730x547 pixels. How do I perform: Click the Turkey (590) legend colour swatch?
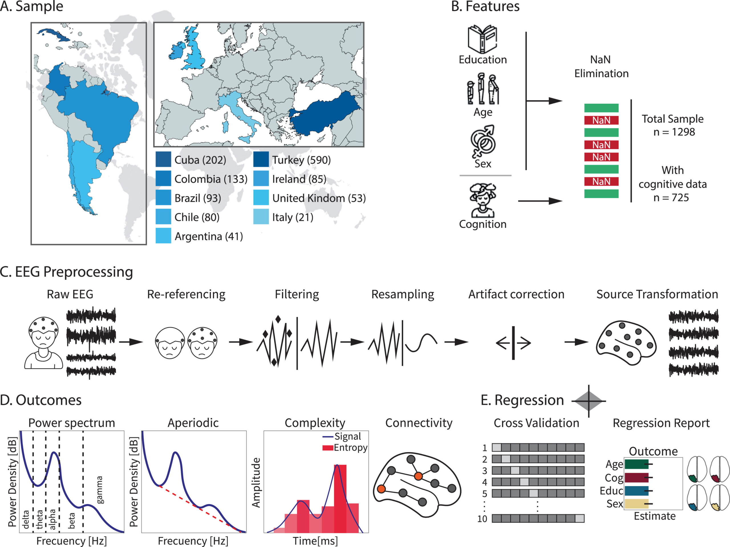pos(261,159)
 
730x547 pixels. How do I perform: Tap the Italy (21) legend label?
pos(292,217)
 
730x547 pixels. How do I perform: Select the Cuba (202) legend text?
pos(200,160)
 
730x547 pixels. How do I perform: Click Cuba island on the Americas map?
pos(53,33)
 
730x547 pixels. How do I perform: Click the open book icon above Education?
pos(482,39)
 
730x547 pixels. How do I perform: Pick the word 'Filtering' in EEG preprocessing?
pos(297,294)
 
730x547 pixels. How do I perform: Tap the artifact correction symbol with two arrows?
pos(513,343)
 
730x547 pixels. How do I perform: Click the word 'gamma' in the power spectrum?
pos(99,490)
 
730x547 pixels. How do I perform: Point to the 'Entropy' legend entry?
pos(350,448)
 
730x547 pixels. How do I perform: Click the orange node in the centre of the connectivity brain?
pos(418,476)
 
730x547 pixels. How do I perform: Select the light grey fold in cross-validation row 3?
pos(515,470)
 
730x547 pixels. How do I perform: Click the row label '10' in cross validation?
pos(482,518)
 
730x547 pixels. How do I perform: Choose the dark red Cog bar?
pos(636,477)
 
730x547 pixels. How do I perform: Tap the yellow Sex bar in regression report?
pos(636,504)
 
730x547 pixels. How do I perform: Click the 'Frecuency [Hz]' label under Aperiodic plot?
pos(193,541)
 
